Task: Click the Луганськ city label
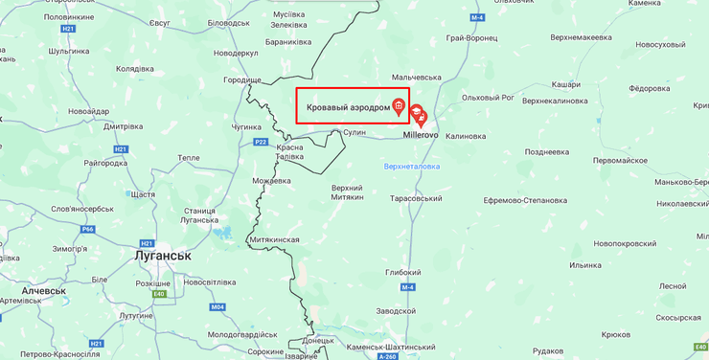(x=163, y=256)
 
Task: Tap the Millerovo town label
(x=420, y=136)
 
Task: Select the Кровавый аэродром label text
(x=348, y=107)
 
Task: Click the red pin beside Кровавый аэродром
(x=399, y=106)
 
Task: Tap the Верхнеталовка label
(x=411, y=166)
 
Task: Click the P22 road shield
(x=261, y=142)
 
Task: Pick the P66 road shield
(x=88, y=230)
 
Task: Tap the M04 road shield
(x=217, y=307)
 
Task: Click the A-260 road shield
(x=387, y=356)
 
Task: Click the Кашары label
(x=566, y=85)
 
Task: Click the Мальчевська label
(x=422, y=77)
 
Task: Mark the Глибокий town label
(x=403, y=272)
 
